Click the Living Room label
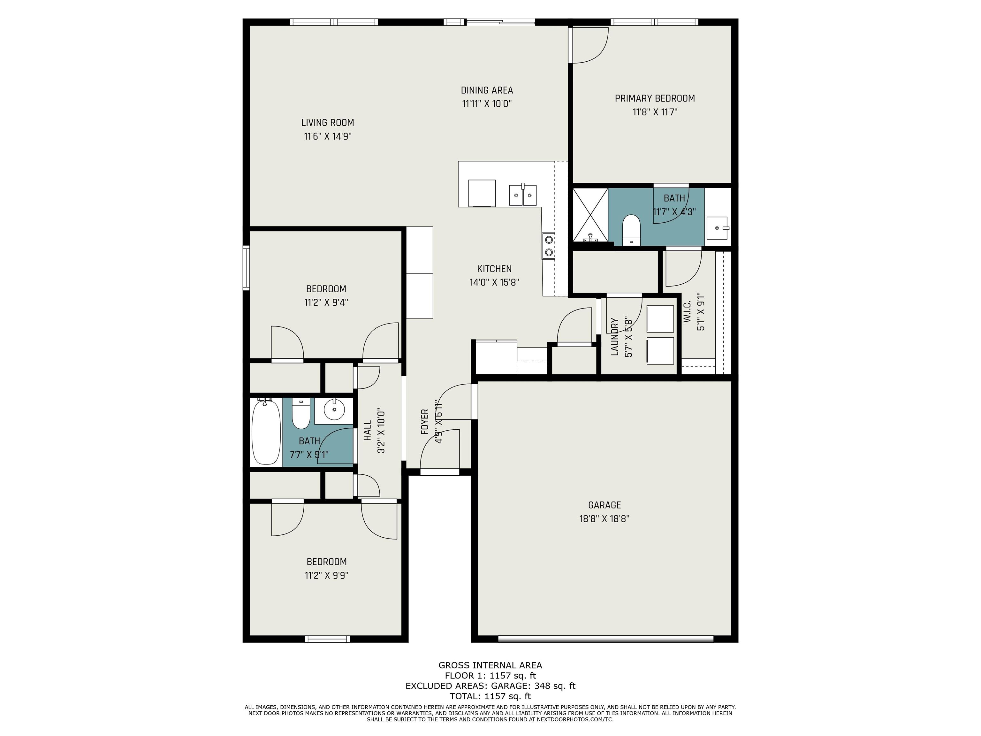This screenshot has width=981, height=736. pyautogui.click(x=328, y=122)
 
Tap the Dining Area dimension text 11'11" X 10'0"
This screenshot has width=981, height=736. pyautogui.click(x=487, y=104)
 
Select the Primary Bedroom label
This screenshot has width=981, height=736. pyautogui.click(x=655, y=98)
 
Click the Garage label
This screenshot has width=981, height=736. pyautogui.click(x=605, y=505)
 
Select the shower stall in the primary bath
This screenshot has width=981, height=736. pyautogui.click(x=590, y=215)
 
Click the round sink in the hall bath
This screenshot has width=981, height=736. pyautogui.click(x=334, y=409)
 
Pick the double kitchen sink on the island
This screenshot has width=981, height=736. pyautogui.click(x=523, y=195)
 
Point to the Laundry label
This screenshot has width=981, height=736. pyautogui.click(x=615, y=337)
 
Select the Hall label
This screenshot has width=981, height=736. pyautogui.click(x=367, y=430)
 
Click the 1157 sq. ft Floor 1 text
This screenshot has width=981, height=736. pyautogui.click(x=512, y=676)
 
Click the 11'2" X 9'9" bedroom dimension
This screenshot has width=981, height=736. pyautogui.click(x=326, y=575)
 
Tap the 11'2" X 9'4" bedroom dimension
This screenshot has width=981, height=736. pyautogui.click(x=326, y=303)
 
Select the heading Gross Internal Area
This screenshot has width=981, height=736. pyautogui.click(x=490, y=665)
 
